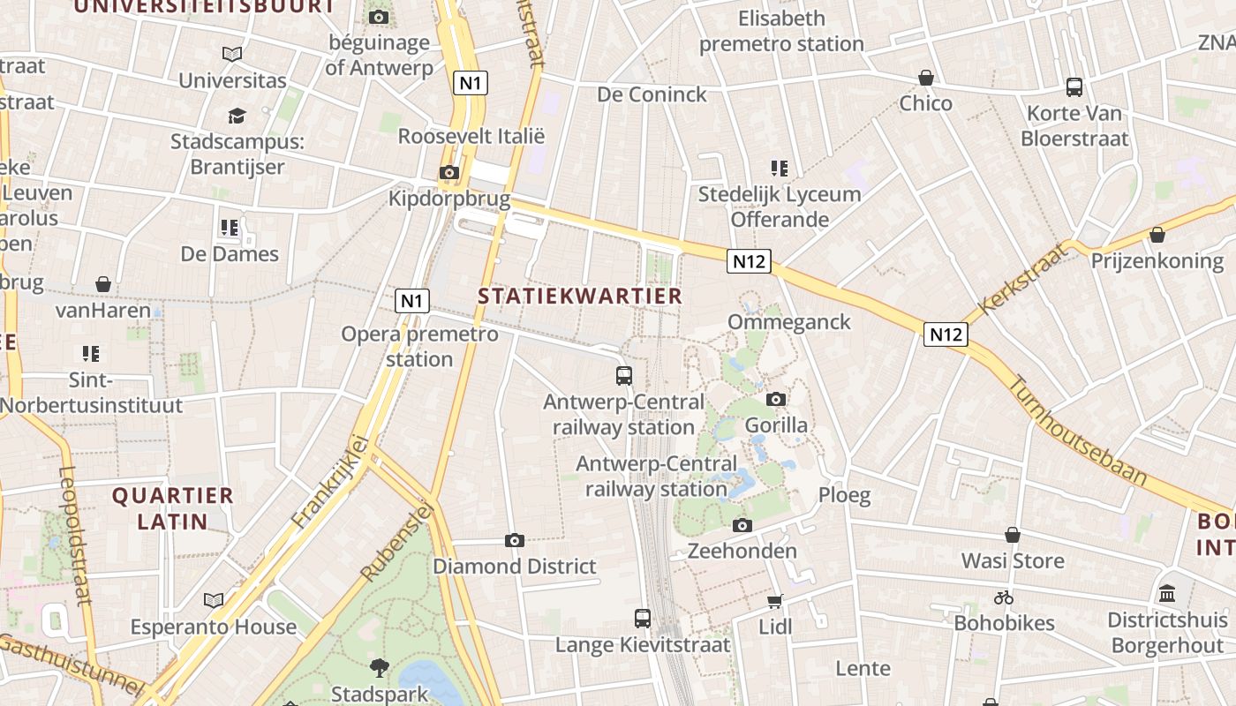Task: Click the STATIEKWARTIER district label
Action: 580,297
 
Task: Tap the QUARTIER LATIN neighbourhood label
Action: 172,508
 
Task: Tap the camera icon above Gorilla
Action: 776,400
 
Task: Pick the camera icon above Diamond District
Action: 515,540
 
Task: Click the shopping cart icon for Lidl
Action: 775,601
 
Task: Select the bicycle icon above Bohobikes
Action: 1004,597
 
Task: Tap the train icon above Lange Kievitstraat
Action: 643,618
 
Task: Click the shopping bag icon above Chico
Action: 925,78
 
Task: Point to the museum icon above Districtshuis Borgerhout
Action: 1167,594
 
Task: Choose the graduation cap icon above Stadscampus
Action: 236,116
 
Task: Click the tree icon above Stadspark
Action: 380,667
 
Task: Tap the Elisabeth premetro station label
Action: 781,31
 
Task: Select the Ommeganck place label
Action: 789,322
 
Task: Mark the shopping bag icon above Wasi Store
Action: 1013,535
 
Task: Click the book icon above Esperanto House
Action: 214,601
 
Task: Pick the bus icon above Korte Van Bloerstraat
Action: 1074,86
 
